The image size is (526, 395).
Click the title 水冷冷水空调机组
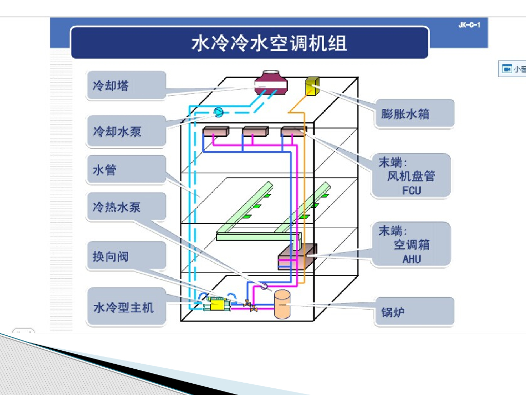pyautogui.click(x=269, y=43)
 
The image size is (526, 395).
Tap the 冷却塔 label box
pyautogui.click(x=126, y=85)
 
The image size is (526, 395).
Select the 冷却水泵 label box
pyautogui.click(x=126, y=131)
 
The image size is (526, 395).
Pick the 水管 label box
pyautogui.click(x=126, y=170)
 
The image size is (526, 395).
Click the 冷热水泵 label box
pyautogui.click(x=126, y=207)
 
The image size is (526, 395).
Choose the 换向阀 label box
pyautogui.click(x=126, y=256)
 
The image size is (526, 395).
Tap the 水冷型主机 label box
pyautogui.click(x=126, y=307)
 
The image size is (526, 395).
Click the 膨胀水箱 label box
pyautogui.click(x=414, y=114)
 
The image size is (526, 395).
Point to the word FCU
pyautogui.click(x=411, y=190)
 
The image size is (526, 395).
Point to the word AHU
pyautogui.click(x=411, y=259)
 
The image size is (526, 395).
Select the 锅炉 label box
pyautogui.click(x=414, y=312)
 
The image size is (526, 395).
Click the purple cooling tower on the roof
pyautogui.click(x=271, y=83)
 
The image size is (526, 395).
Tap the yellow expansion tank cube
pyautogui.click(x=312, y=87)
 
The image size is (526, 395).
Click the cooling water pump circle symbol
pyautogui.click(x=218, y=113)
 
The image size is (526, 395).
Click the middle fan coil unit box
pyautogui.click(x=255, y=132)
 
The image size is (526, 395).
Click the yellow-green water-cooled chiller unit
pyautogui.click(x=218, y=304)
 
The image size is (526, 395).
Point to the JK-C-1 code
pyautogui.click(x=469, y=25)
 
